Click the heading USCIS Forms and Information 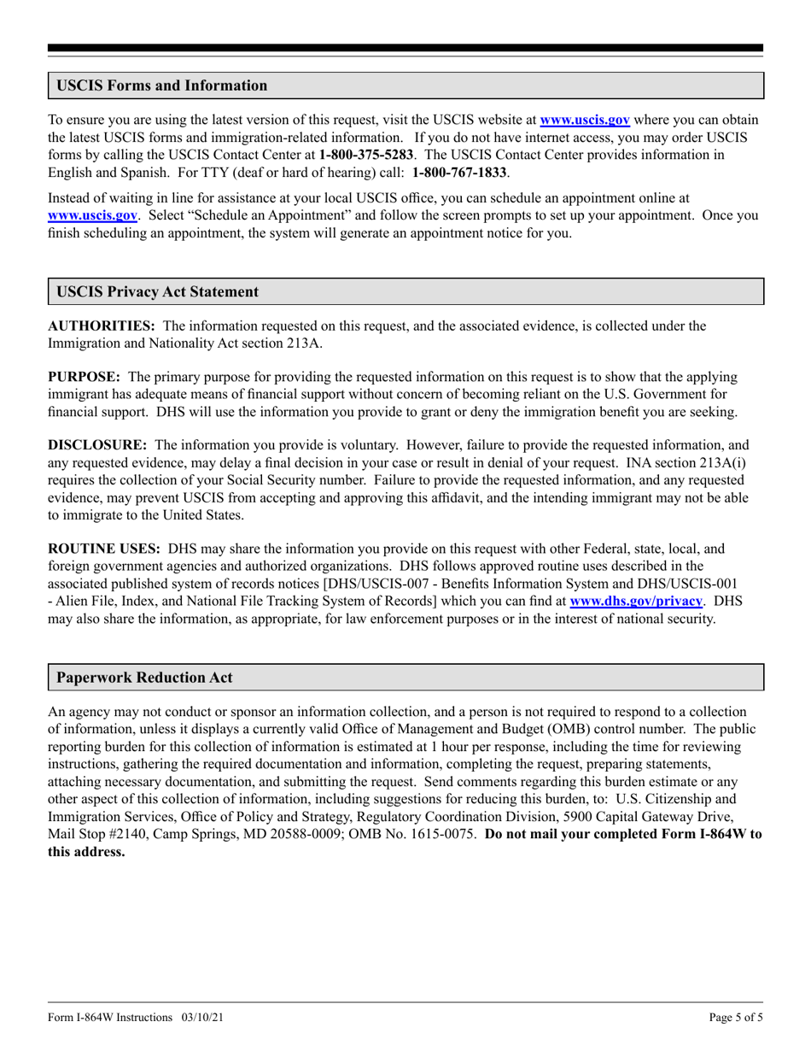coord(161,85)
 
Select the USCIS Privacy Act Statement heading coord(157,291)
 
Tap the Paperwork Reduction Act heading coord(144,678)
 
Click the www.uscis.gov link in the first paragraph coord(585,120)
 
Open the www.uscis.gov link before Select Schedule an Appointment coord(92,215)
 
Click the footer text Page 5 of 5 coord(736,1018)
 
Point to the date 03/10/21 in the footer coord(203,1018)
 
